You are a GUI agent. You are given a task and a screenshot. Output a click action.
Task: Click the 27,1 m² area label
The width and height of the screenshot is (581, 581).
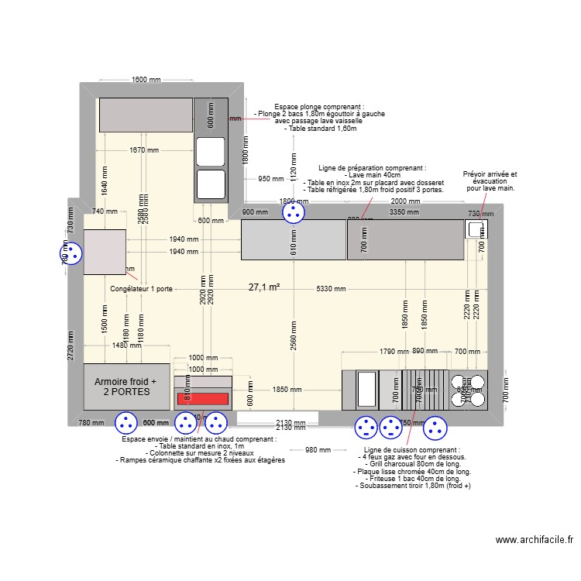click(264, 287)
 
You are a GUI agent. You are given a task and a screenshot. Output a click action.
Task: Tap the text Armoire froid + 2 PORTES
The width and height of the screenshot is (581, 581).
click(125, 387)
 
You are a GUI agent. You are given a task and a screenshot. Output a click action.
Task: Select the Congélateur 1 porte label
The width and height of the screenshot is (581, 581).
click(142, 289)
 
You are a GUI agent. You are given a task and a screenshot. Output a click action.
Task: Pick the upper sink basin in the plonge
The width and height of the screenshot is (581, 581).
click(210, 151)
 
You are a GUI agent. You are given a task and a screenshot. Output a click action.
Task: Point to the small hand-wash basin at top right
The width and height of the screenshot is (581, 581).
click(475, 229)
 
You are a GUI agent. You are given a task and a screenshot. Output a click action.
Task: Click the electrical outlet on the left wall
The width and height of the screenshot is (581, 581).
click(71, 253)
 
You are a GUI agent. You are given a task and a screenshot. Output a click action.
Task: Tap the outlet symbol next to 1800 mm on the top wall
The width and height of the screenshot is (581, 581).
click(293, 211)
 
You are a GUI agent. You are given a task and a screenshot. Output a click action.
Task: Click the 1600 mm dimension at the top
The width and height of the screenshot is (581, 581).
click(146, 80)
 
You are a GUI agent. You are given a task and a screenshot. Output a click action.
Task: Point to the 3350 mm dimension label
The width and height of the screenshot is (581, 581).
click(404, 211)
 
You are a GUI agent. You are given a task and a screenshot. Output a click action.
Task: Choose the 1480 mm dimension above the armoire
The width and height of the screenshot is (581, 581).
click(127, 346)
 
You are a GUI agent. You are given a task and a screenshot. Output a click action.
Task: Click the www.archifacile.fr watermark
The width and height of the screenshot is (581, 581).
click(534, 541)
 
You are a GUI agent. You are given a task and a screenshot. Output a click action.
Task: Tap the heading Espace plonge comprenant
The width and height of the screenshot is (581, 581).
click(319, 107)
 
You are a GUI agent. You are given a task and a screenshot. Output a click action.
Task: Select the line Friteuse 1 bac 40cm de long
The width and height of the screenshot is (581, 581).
click(411, 479)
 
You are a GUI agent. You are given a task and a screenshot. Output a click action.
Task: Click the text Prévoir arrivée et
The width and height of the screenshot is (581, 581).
click(489, 175)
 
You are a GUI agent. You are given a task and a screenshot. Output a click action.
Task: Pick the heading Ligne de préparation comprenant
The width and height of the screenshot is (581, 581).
click(372, 168)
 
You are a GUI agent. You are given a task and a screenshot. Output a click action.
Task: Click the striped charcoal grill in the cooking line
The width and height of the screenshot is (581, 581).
click(425, 389)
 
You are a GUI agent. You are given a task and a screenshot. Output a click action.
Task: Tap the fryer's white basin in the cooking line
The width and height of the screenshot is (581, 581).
click(366, 389)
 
